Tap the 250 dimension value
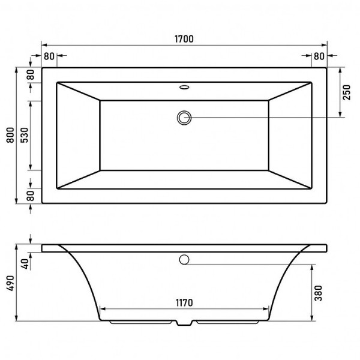(348, 92)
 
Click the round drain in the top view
(184, 116)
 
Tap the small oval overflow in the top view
(184, 86)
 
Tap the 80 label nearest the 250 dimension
(318, 56)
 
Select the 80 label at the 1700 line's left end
(49, 56)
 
